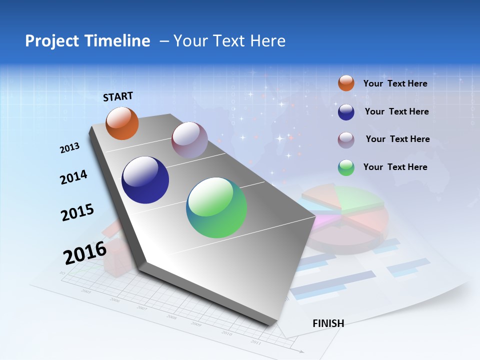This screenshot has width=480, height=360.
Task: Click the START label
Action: click(x=118, y=96)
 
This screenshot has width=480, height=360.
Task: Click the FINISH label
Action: click(x=328, y=323)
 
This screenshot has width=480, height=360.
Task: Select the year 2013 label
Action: click(x=70, y=147)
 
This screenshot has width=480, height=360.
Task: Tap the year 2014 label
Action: click(x=74, y=177)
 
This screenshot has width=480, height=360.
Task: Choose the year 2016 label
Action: click(x=85, y=252)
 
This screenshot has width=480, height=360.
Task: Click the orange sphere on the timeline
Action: click(x=122, y=123)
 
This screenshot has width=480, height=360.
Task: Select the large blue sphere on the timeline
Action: click(x=145, y=180)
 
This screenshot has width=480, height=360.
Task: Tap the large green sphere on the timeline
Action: click(x=216, y=207)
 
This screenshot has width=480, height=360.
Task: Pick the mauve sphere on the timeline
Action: click(x=189, y=140)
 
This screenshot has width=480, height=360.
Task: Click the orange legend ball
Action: click(x=346, y=83)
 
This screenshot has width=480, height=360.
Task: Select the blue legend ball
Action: click(x=346, y=112)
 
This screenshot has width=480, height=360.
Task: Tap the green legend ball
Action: click(x=346, y=167)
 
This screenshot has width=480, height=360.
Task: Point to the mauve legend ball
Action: click(x=346, y=140)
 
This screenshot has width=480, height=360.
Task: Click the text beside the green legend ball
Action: click(x=395, y=167)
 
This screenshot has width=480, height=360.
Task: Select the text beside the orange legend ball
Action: click(x=395, y=83)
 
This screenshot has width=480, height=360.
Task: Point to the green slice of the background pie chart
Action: click(x=360, y=198)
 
